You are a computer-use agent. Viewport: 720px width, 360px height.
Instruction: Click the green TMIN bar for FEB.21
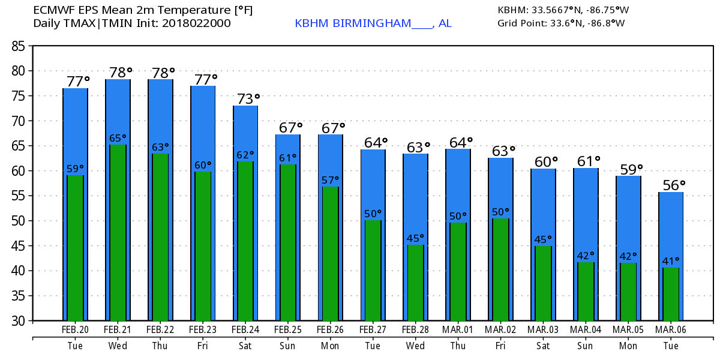(118, 234)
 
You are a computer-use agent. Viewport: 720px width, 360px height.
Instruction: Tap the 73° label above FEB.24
(247, 98)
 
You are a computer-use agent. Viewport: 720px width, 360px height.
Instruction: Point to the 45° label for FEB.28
(415, 239)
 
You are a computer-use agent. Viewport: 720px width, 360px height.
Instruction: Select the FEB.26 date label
(330, 329)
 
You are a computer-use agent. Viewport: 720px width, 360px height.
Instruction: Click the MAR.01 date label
(458, 329)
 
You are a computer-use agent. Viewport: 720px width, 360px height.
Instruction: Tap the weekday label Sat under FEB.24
(245, 346)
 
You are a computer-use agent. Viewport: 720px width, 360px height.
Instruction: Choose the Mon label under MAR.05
(628, 346)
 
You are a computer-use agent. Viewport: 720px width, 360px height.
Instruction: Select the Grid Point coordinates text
(561, 24)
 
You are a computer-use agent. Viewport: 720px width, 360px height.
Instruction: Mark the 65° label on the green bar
(118, 139)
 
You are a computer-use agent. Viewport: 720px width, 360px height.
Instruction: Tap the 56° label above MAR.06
(673, 185)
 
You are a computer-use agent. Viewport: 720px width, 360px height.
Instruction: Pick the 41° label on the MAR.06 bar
(671, 262)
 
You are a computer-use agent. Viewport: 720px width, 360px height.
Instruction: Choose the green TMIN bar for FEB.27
(373, 270)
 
